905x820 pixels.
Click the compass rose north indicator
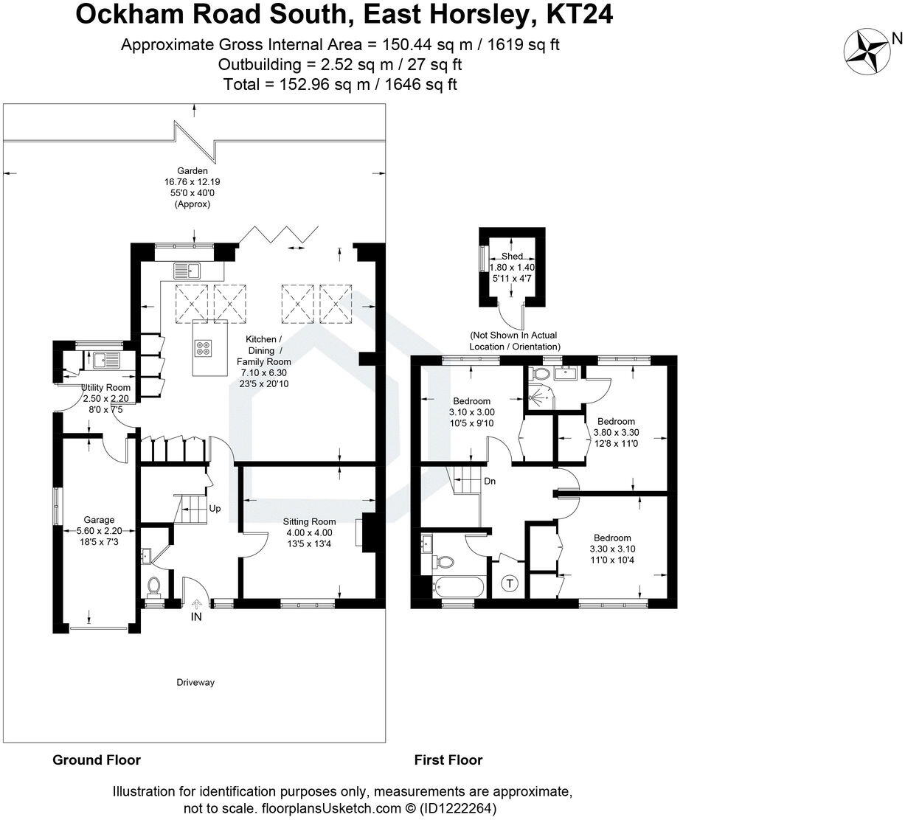(x=867, y=52)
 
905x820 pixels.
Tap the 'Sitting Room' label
(x=308, y=521)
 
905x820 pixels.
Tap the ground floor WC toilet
(x=154, y=586)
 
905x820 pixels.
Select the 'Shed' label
(x=512, y=256)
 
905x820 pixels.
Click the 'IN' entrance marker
(x=196, y=616)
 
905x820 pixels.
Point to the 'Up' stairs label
(x=215, y=508)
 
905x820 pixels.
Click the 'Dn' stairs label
(x=490, y=482)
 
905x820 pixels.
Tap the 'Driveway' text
(x=195, y=682)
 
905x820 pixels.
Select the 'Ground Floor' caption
(x=97, y=760)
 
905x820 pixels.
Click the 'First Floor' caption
(x=448, y=760)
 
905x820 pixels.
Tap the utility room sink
(x=105, y=361)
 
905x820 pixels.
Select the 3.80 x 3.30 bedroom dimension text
(x=616, y=433)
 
